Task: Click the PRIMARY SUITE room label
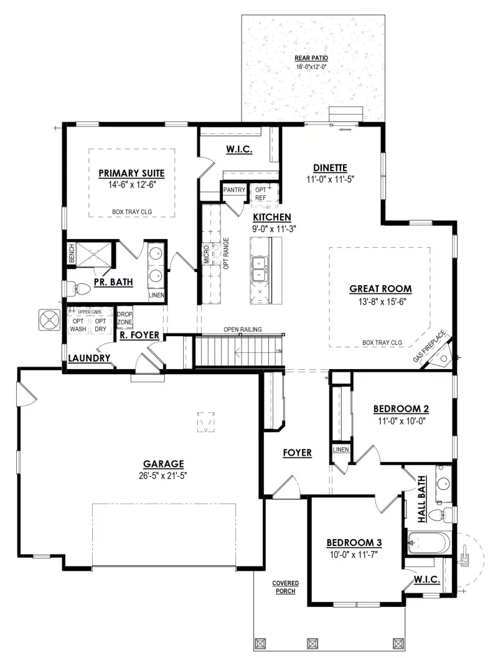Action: click(131, 173)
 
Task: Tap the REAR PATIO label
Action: click(311, 58)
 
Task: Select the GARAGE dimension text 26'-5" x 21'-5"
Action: click(163, 475)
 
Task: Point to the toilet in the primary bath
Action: click(80, 289)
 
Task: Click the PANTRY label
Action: click(234, 190)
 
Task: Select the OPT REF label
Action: click(261, 194)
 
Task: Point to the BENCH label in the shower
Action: click(72, 253)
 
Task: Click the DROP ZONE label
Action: click(125, 317)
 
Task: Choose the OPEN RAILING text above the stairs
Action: click(243, 329)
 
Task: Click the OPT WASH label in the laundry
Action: click(78, 325)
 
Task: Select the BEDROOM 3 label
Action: click(354, 543)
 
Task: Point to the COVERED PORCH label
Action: click(285, 587)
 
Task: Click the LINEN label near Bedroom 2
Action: click(341, 449)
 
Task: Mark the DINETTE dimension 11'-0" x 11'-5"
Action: click(330, 179)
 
